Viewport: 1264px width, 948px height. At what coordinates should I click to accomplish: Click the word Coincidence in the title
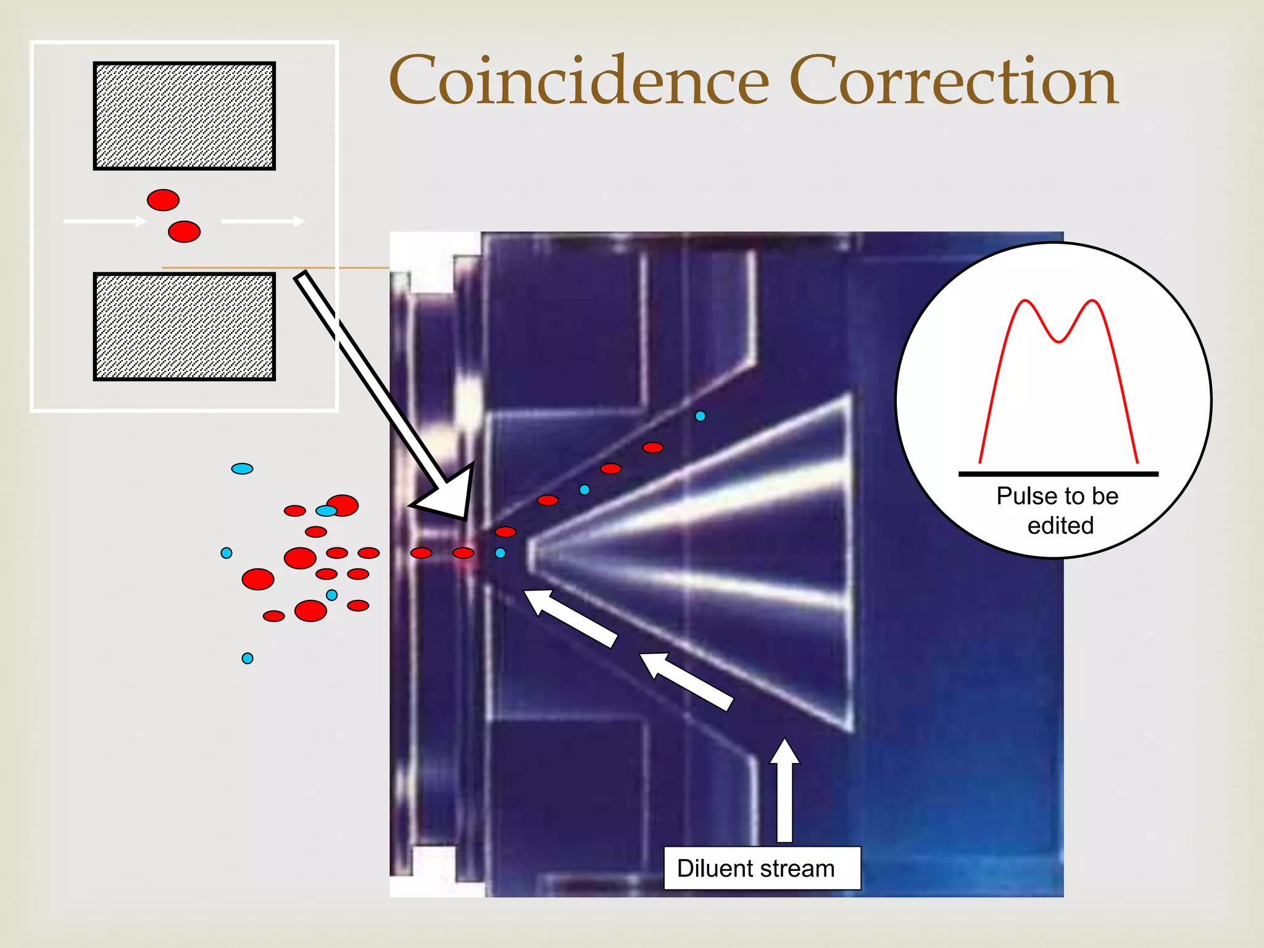click(x=579, y=81)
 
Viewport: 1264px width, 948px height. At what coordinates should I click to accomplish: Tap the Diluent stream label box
click(x=762, y=868)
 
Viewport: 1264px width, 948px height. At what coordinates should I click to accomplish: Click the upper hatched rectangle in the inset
click(x=184, y=115)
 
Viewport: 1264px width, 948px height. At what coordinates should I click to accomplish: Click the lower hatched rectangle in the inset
click(x=184, y=326)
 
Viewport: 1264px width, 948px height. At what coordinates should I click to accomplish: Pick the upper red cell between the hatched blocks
click(x=163, y=200)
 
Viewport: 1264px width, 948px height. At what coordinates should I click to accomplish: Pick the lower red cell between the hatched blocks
click(x=184, y=232)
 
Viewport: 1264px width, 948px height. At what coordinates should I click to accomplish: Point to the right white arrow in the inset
click(x=263, y=221)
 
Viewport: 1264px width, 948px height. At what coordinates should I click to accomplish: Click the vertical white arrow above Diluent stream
click(x=784, y=790)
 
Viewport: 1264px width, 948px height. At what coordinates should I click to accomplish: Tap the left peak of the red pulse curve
click(x=1025, y=301)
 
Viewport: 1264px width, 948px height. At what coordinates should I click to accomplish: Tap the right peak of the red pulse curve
click(x=1093, y=301)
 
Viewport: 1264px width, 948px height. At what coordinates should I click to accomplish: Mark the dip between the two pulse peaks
click(x=1058, y=341)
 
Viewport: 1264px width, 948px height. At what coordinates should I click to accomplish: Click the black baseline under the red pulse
click(x=1058, y=474)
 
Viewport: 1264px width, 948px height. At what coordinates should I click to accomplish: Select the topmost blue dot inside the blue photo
click(x=700, y=416)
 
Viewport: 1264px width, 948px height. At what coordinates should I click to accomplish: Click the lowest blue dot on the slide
click(x=247, y=658)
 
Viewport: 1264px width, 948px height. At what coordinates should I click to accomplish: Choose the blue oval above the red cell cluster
click(x=242, y=468)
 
